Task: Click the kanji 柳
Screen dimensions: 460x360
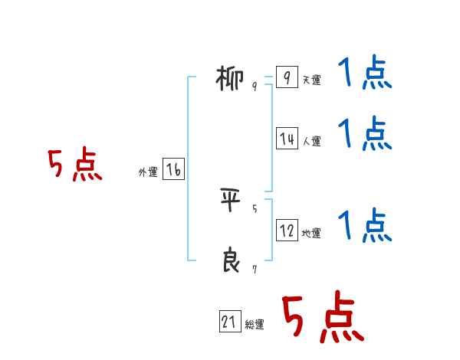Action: tap(229, 78)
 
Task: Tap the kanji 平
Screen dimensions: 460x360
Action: tap(230, 201)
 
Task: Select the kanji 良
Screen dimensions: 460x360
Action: tap(230, 260)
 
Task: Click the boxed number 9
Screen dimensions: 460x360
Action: tap(286, 77)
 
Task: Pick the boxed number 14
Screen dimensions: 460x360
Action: tap(287, 139)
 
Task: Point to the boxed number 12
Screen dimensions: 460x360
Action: tap(287, 231)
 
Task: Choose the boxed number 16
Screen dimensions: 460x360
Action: tap(173, 170)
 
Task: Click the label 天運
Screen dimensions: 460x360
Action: tap(311, 80)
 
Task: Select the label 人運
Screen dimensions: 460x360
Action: tap(311, 142)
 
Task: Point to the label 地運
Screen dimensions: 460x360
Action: tap(311, 234)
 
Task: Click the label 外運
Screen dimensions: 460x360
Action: tap(147, 173)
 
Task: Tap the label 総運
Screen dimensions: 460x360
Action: tap(255, 326)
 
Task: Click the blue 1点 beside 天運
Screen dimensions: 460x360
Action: tap(365, 74)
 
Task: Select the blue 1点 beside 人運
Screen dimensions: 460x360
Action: tap(365, 134)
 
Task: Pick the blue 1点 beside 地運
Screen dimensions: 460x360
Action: tap(365, 226)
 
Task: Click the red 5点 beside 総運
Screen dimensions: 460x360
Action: tap(323, 318)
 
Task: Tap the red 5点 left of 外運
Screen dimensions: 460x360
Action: tap(74, 165)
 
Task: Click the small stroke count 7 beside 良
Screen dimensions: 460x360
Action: tap(255, 269)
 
